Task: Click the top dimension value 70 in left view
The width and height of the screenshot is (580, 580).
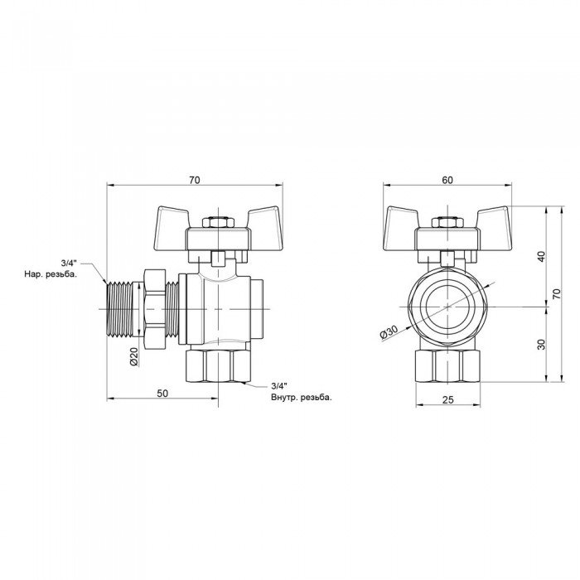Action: pyautogui.click(x=196, y=179)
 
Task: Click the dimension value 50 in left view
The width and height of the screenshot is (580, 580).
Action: pyautogui.click(x=162, y=393)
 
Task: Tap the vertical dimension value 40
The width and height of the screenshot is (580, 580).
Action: pyautogui.click(x=541, y=255)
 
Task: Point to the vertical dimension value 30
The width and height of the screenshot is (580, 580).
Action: pyautogui.click(x=541, y=346)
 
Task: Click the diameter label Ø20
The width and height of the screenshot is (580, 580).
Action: pyautogui.click(x=133, y=356)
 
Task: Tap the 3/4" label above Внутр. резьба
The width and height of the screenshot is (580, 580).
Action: pyautogui.click(x=279, y=386)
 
